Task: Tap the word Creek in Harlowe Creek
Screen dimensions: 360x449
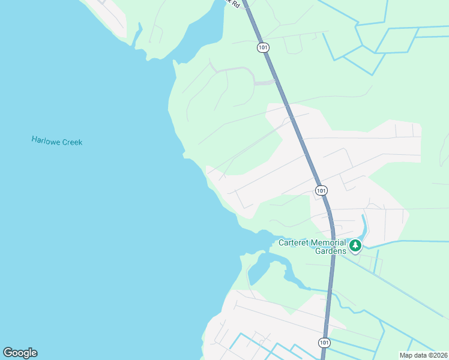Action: click(70, 142)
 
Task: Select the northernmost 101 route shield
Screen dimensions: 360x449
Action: click(263, 47)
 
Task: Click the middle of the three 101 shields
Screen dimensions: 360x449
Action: click(321, 190)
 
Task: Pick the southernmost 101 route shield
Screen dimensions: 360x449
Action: click(324, 342)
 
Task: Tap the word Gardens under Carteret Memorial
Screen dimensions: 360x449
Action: click(331, 251)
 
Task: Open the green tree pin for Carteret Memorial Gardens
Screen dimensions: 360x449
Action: click(355, 245)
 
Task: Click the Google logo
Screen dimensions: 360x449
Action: click(20, 353)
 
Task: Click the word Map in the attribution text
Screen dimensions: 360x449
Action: click(406, 355)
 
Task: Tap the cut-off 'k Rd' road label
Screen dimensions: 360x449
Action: click(234, 4)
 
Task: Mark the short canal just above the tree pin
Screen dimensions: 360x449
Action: click(363, 224)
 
